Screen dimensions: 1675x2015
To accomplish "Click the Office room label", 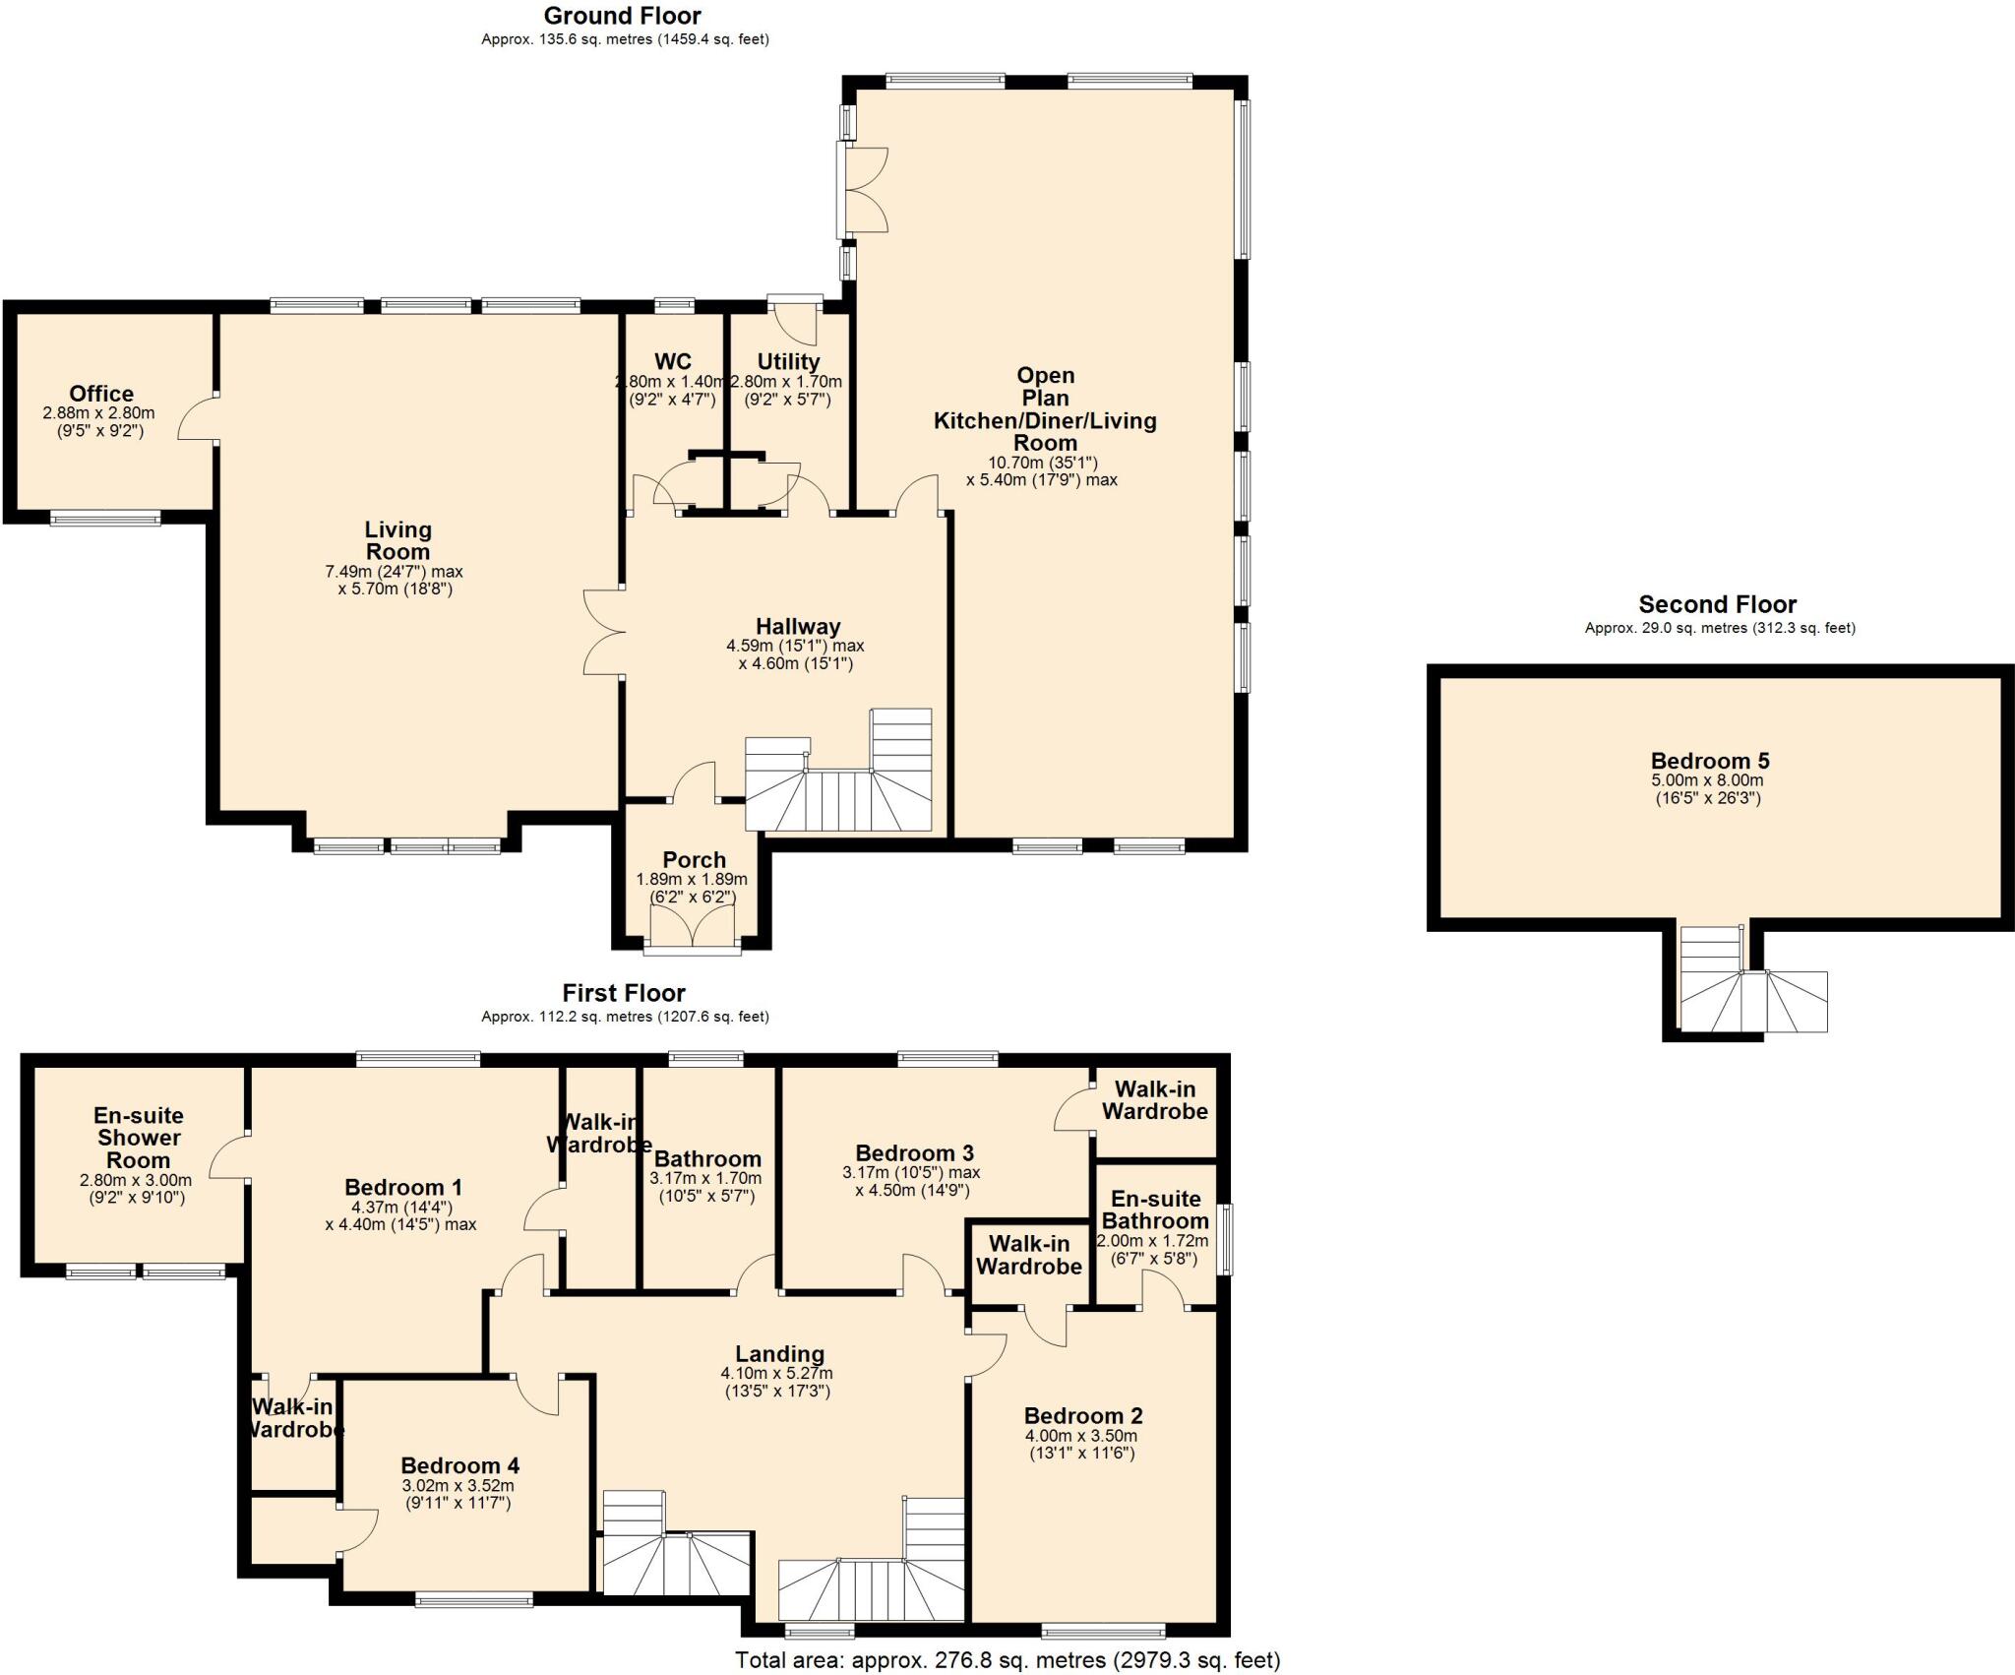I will [101, 394].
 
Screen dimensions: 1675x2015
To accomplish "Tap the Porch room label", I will [694, 859].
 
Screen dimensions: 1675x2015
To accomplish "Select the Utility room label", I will [788, 361].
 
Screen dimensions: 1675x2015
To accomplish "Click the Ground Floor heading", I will [622, 16].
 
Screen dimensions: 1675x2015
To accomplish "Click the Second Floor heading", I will [1717, 604].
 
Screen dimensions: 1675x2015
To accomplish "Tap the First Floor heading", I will [624, 992].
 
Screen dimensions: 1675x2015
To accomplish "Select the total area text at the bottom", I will [1007, 1660].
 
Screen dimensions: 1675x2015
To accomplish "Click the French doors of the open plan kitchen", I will [864, 190].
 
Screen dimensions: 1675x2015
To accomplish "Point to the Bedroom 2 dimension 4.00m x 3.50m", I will [1082, 1436].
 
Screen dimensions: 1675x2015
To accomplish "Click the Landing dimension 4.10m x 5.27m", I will [776, 1373].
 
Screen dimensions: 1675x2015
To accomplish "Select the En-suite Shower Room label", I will [138, 1138].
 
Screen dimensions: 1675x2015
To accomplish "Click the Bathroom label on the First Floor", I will [706, 1158].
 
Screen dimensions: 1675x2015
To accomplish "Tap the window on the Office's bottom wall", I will [105, 518].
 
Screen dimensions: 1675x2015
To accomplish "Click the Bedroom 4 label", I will [459, 1465].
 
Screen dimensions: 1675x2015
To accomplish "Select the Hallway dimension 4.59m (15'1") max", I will [795, 646].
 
